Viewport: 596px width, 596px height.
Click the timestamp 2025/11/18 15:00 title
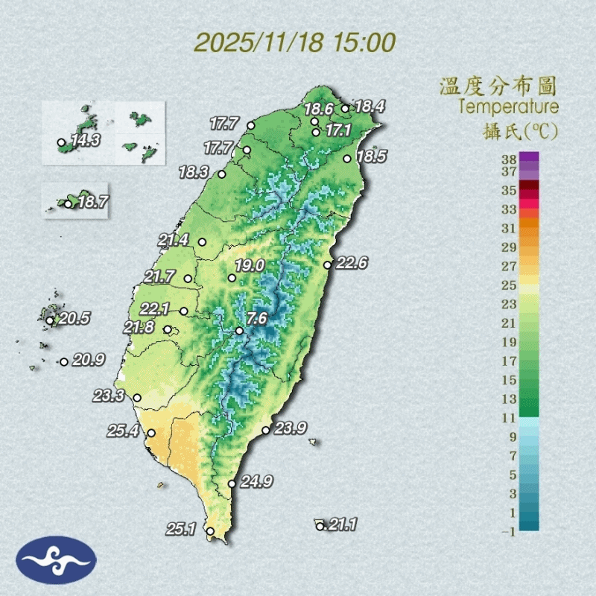point(295,42)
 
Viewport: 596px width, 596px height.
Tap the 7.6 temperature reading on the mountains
point(257,319)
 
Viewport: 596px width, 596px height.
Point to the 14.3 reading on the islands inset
point(86,140)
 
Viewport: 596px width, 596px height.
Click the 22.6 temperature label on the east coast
point(352,263)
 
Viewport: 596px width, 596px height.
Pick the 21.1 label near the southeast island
point(342,525)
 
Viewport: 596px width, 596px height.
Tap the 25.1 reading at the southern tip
point(180,529)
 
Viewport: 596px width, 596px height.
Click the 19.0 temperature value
point(250,265)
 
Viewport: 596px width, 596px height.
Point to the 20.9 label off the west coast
point(88,361)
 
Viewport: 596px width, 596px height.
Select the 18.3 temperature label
point(194,172)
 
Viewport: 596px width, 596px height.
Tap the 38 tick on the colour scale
point(510,158)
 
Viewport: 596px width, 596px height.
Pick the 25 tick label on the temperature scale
point(510,285)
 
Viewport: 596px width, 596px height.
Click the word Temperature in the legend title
point(509,107)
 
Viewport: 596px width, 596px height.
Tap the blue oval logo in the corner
point(56,559)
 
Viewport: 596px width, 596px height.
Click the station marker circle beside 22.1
point(183,311)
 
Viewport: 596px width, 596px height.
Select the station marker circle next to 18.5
point(347,158)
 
